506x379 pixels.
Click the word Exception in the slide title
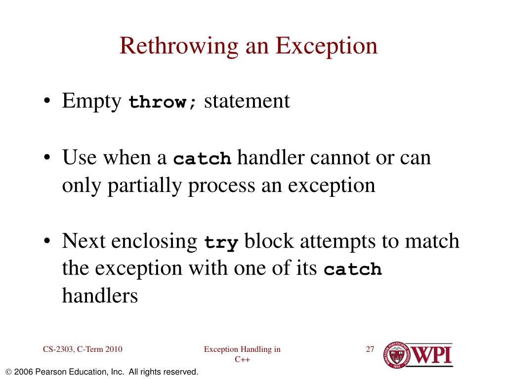(326, 46)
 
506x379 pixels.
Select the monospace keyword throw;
(163, 102)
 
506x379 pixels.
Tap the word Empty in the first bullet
(92, 101)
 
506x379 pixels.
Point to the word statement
(247, 101)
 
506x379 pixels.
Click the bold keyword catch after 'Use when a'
(203, 159)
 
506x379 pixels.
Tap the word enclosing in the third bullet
(154, 242)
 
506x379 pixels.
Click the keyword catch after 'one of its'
(353, 270)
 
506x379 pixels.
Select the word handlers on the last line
(100, 296)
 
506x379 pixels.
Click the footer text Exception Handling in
(242, 350)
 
